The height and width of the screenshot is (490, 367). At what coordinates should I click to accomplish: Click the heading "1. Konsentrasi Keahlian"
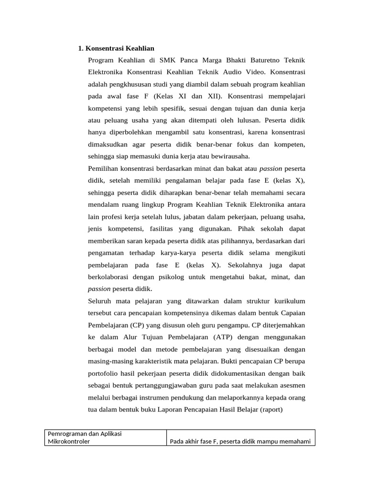116,48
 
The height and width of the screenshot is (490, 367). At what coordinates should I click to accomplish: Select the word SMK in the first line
168,60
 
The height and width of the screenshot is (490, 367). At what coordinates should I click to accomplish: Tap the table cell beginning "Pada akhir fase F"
241,442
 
